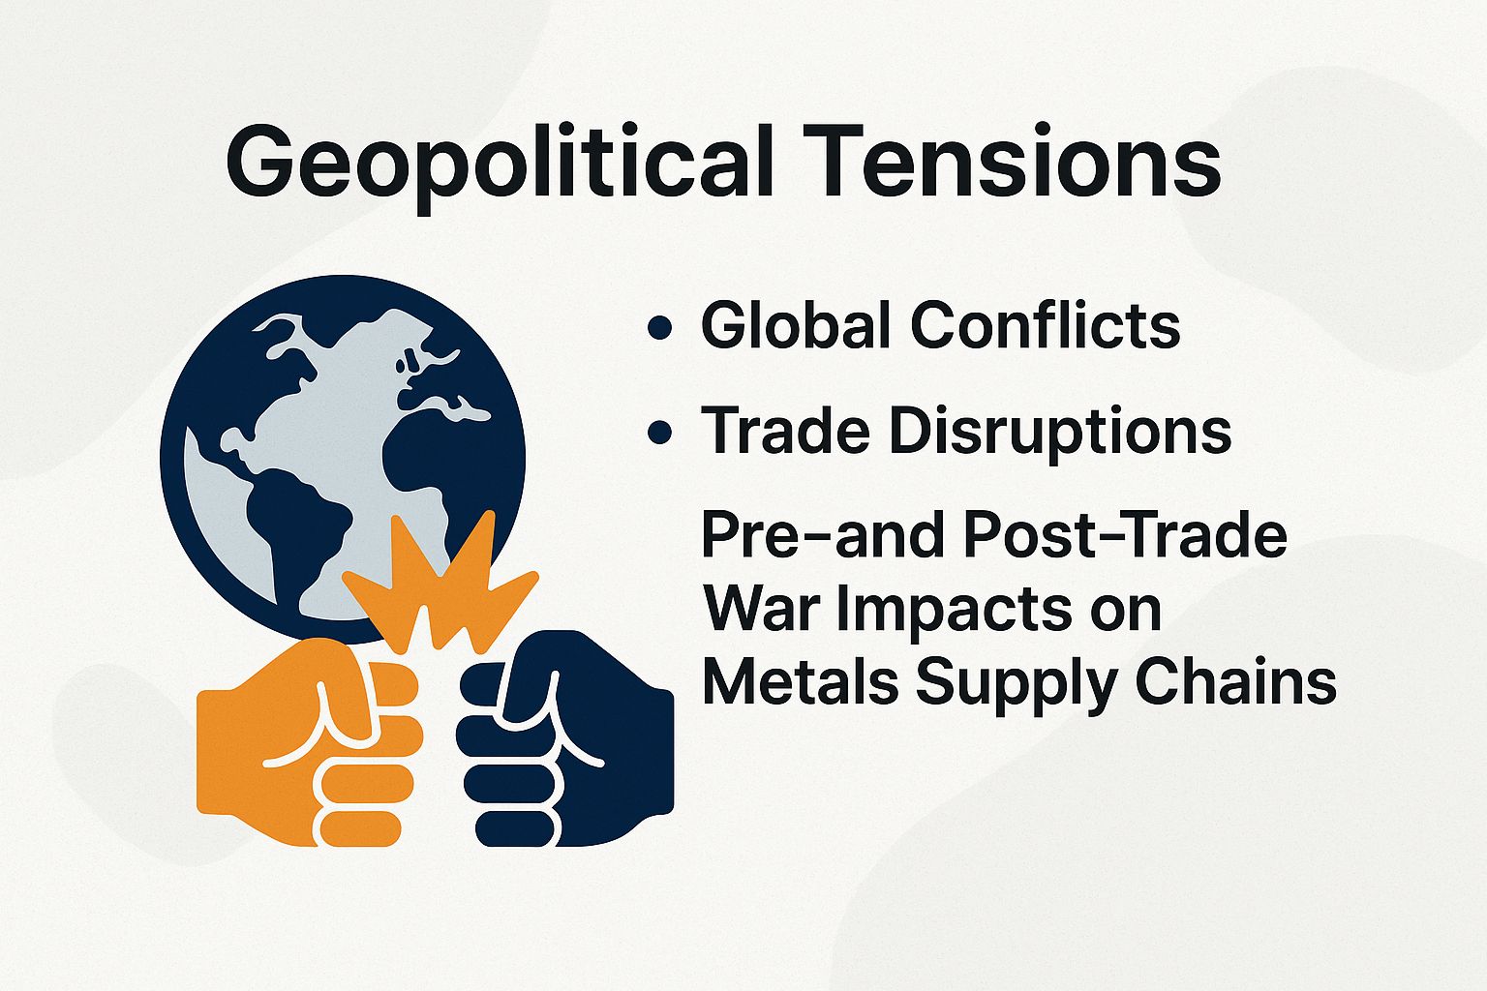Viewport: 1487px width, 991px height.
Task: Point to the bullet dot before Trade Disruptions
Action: click(660, 433)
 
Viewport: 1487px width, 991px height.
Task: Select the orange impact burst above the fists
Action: click(436, 590)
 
